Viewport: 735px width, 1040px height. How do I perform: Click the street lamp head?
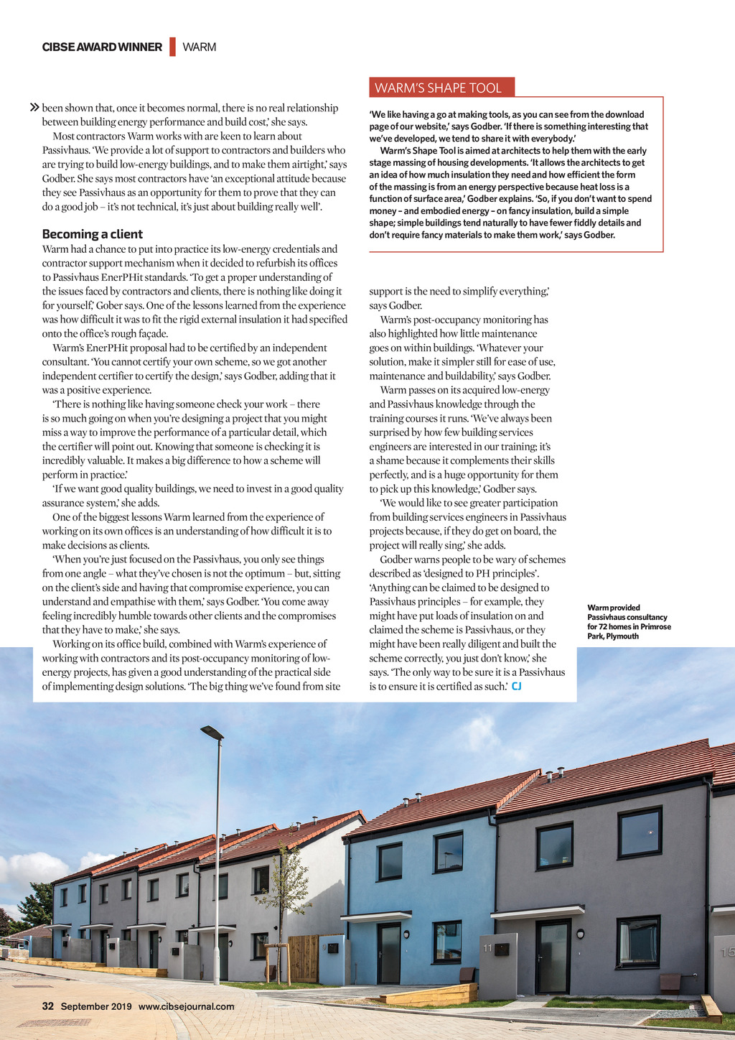tap(212, 732)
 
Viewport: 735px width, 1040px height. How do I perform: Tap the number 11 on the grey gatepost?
tap(488, 948)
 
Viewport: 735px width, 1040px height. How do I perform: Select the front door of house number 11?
tap(553, 956)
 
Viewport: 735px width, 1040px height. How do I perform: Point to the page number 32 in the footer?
tap(48, 1006)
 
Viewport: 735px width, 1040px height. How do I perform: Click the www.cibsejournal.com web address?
tap(186, 1006)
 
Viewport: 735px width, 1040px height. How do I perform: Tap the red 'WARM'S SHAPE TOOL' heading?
tap(439, 88)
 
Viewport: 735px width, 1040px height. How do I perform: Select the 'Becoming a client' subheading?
tap(93, 234)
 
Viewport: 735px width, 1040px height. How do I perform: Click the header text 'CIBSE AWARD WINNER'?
tap(102, 47)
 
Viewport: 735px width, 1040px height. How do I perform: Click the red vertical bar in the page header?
tap(172, 47)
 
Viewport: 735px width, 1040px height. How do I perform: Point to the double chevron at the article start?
tap(34, 108)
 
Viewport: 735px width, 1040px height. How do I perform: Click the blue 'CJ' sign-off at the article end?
tap(516, 687)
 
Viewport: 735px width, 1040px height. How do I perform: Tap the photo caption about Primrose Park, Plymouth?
tap(629, 621)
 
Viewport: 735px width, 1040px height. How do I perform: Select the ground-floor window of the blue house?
tap(447, 941)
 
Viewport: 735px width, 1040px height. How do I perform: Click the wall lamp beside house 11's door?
tap(580, 934)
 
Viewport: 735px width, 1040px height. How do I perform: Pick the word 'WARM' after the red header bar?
tap(200, 47)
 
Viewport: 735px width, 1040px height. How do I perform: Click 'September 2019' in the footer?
tap(96, 1006)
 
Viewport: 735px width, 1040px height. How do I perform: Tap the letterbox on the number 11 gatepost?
tap(502, 950)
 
